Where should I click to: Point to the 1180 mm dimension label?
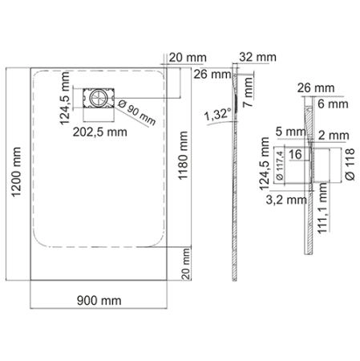pos(186,156)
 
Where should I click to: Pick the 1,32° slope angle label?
pos(217,114)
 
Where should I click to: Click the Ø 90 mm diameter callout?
pos(136,115)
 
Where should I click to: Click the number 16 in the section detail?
pos(294,153)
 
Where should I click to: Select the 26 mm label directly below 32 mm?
pos(210,75)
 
